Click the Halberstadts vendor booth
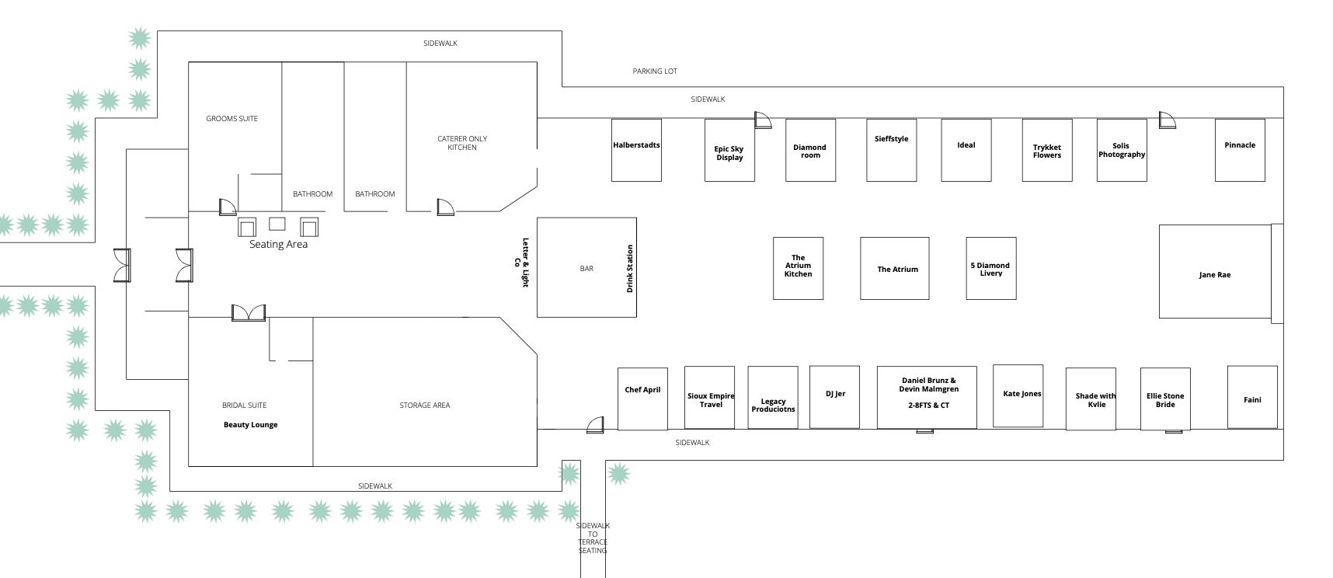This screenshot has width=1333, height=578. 636,150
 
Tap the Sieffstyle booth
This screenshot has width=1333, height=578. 891,151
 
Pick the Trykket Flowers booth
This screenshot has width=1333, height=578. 1046,151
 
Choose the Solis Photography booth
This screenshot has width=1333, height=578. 1121,151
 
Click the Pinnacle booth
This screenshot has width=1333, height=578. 1240,151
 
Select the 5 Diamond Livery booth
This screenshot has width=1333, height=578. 990,269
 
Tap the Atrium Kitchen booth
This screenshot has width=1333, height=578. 798,268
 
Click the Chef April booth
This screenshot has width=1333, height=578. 642,399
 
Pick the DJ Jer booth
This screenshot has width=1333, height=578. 834,397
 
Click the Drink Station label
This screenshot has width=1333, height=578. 630,269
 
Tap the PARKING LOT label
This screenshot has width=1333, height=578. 655,71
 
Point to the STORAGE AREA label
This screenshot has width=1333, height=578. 425,406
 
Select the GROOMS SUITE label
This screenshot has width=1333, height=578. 231,119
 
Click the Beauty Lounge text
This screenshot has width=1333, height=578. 250,425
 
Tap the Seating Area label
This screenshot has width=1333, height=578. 278,245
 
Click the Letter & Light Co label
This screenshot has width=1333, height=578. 523,263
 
